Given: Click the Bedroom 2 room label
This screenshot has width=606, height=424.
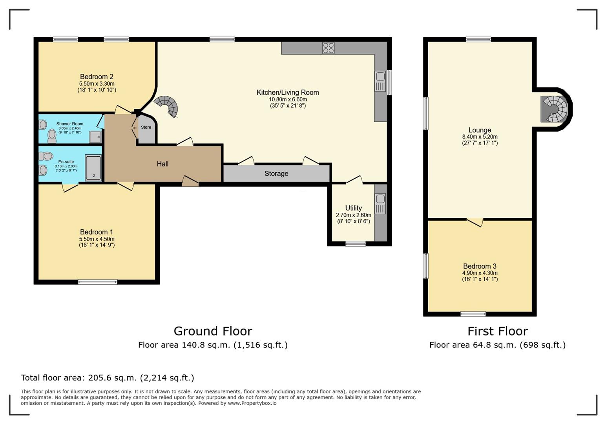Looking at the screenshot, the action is (97, 77).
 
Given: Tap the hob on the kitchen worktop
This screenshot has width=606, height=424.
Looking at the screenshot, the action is (328, 48).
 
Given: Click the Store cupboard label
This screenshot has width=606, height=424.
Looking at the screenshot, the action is (146, 127).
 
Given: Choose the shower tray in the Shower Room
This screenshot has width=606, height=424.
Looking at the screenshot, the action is (95, 137).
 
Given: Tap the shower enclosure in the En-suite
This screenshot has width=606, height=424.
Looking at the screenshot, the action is (93, 168).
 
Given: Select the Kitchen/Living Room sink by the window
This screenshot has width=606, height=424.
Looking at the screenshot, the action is (380, 81).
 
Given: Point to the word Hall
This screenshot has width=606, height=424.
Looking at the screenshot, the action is (162, 164).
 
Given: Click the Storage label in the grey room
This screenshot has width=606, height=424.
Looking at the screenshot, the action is (276, 174).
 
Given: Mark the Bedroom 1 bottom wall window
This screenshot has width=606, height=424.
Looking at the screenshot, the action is (98, 282).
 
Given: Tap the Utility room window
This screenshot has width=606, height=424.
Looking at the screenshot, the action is (356, 244).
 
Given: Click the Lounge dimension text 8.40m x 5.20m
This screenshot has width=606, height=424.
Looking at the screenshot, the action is (480, 137).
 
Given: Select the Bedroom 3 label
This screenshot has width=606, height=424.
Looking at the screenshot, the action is (480, 266).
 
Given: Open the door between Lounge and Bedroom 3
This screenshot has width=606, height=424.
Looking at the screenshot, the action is (475, 222).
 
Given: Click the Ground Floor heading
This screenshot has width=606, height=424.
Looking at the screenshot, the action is (213, 331).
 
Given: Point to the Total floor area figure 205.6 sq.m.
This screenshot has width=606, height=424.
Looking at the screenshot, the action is (112, 378).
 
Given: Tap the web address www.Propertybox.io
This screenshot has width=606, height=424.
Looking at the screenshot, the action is (252, 403).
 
